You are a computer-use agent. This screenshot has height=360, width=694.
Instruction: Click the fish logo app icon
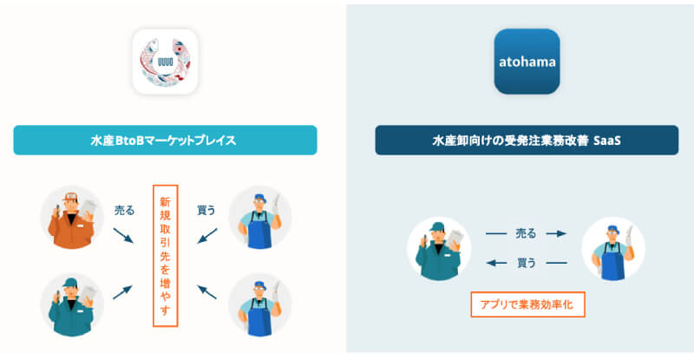point(167,62)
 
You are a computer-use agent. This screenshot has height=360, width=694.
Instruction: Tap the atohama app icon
point(526,62)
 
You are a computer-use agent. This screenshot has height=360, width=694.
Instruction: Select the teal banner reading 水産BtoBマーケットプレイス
point(165,140)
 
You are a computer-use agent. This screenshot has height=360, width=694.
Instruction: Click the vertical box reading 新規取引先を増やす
point(165,255)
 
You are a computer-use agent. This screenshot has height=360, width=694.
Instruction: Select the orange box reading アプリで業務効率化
point(527,304)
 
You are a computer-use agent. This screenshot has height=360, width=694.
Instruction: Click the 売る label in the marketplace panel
point(125,210)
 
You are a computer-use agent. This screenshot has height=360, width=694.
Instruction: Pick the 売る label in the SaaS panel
point(526,233)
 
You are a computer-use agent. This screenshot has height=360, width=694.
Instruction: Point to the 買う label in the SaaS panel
point(526,261)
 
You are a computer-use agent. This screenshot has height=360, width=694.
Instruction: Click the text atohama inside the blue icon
point(526,62)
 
